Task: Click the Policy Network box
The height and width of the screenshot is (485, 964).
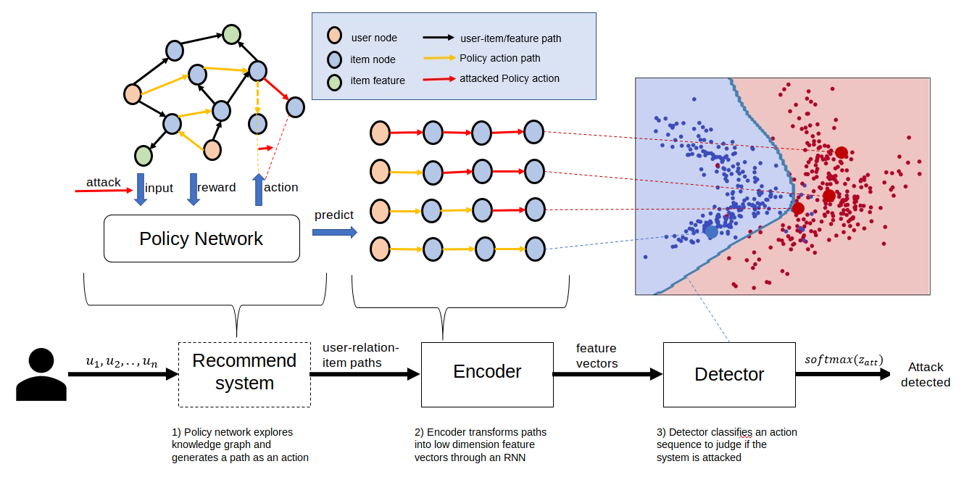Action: pyautogui.click(x=201, y=239)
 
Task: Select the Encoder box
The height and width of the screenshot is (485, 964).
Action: pyautogui.click(x=487, y=374)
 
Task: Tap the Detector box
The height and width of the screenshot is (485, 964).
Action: pyautogui.click(x=729, y=374)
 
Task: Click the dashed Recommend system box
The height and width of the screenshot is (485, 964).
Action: pyautogui.click(x=244, y=374)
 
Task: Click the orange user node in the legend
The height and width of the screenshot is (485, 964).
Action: pyautogui.click(x=334, y=36)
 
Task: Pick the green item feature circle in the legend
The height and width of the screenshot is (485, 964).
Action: pyautogui.click(x=334, y=82)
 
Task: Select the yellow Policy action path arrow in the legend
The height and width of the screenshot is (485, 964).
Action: pyautogui.click(x=439, y=58)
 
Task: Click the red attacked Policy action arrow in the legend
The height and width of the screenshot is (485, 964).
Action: pyautogui.click(x=439, y=79)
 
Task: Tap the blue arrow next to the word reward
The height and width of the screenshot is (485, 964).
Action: pyautogui.click(x=194, y=189)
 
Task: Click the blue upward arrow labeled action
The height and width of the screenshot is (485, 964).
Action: pyautogui.click(x=259, y=189)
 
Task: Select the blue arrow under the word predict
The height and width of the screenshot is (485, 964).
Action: pyautogui.click(x=335, y=233)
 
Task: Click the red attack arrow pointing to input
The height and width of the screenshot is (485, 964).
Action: pyautogui.click(x=104, y=190)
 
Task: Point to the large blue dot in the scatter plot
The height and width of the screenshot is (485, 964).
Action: pyautogui.click(x=711, y=231)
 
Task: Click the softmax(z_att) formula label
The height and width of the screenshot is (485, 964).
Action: pyautogui.click(x=844, y=360)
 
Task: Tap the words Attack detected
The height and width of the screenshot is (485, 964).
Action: pyautogui.click(x=926, y=374)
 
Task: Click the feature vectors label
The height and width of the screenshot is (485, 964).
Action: pyautogui.click(x=597, y=355)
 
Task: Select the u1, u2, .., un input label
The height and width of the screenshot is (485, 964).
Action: pyautogui.click(x=122, y=362)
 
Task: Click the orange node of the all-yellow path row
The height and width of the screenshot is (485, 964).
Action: pyautogui.click(x=380, y=249)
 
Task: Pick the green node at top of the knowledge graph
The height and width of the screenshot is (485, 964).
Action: pyautogui.click(x=231, y=34)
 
